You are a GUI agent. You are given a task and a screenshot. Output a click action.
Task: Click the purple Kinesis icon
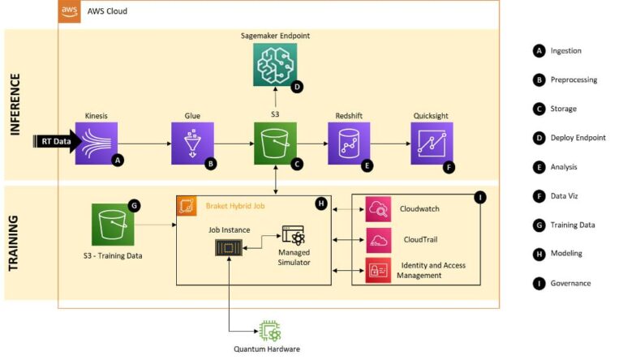[97, 144]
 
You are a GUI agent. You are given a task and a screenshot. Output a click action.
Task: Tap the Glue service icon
[192, 144]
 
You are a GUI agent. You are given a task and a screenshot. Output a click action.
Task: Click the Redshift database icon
[349, 144]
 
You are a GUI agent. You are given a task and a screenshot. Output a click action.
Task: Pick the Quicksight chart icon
[432, 144]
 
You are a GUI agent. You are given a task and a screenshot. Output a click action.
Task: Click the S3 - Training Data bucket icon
[113, 225]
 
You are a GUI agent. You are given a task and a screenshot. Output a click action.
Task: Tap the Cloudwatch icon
[379, 208]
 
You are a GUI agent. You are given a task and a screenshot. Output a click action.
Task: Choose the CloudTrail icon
[379, 239]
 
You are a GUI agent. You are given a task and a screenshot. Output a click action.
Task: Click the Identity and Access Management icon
[379, 269]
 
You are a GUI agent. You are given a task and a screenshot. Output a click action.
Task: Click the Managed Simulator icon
[292, 238]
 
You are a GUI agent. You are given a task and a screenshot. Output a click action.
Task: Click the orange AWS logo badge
[69, 11]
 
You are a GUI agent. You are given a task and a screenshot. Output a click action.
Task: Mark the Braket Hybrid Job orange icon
[185, 206]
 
